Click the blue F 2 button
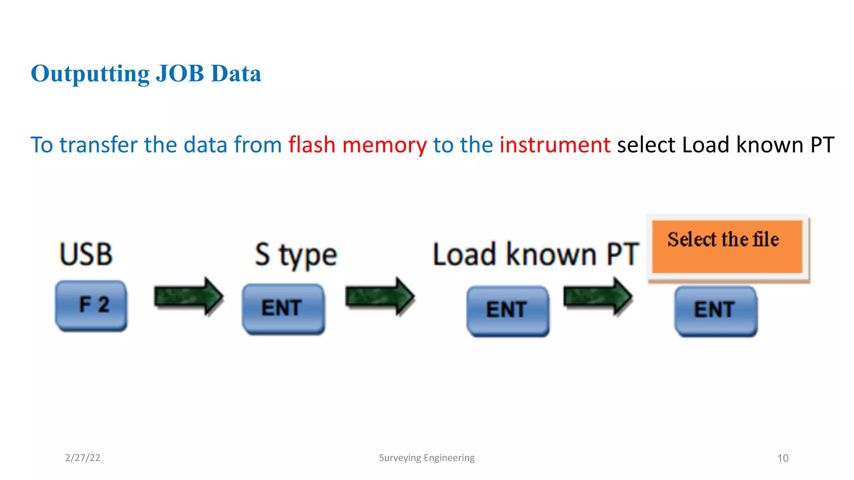(91, 305)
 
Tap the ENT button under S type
(283, 308)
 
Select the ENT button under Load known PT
(507, 310)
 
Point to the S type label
(296, 255)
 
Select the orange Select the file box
(727, 247)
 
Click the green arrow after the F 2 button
(188, 297)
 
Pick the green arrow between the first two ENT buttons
(380, 297)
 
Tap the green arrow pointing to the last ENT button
(598, 297)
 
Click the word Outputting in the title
(90, 74)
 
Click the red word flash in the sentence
(312, 145)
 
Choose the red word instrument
(555, 145)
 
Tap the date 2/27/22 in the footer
(83, 457)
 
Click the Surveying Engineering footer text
(427, 457)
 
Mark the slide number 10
(783, 458)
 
